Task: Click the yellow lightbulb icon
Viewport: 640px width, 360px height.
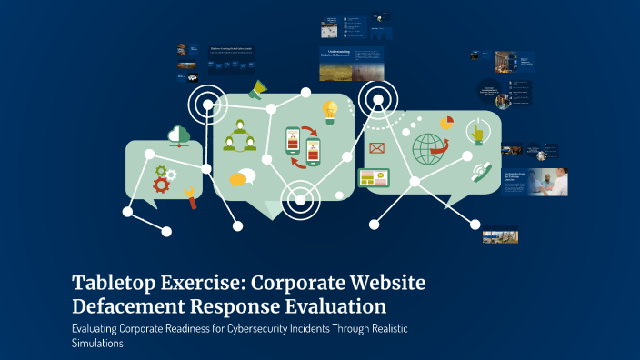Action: (x=330, y=111)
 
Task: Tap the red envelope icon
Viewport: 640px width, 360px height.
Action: (x=376, y=148)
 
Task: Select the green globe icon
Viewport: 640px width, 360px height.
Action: (x=428, y=148)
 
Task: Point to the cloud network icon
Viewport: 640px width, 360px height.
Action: (x=179, y=136)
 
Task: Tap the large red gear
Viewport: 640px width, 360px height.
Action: (x=162, y=185)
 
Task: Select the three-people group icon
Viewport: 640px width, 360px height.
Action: (x=240, y=135)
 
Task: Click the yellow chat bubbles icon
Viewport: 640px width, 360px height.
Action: (x=242, y=178)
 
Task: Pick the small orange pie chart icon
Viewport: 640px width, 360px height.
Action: (x=446, y=122)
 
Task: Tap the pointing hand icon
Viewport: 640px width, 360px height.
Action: (x=477, y=134)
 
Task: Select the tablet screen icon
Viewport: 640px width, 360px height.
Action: (x=374, y=179)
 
